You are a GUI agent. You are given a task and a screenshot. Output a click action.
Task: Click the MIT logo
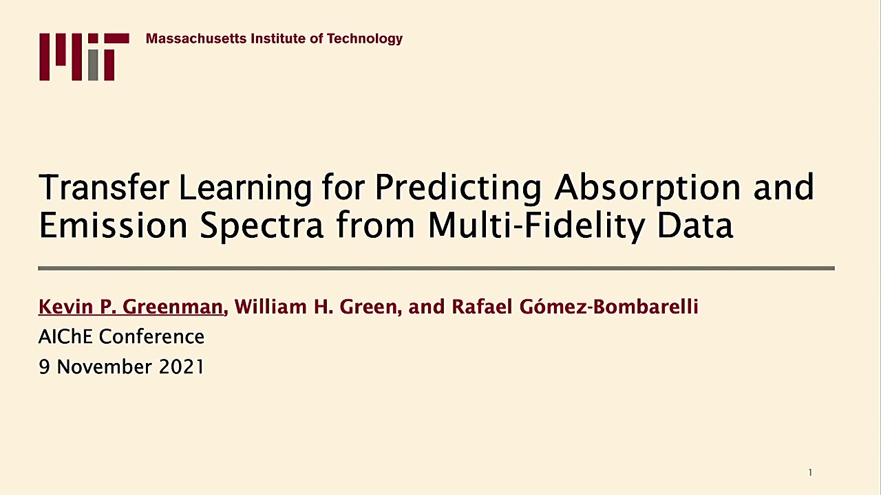pos(84,57)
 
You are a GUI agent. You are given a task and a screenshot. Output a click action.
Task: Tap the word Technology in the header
pos(365,39)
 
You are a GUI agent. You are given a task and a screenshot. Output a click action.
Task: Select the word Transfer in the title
pos(104,187)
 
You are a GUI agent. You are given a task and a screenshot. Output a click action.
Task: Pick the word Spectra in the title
pos(262,227)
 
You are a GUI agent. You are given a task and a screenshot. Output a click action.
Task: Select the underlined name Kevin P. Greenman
pos(131,307)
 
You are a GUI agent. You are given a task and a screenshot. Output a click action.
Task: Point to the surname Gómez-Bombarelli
pos(609,307)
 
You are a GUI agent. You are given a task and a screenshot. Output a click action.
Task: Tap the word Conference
pos(152,337)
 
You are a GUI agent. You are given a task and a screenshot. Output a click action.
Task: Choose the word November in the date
pos(104,367)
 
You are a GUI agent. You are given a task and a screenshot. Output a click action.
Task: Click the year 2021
pos(181,367)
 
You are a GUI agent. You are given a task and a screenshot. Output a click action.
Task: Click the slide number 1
pos(810,472)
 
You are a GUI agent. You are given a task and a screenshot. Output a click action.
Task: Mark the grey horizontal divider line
pos(436,268)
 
